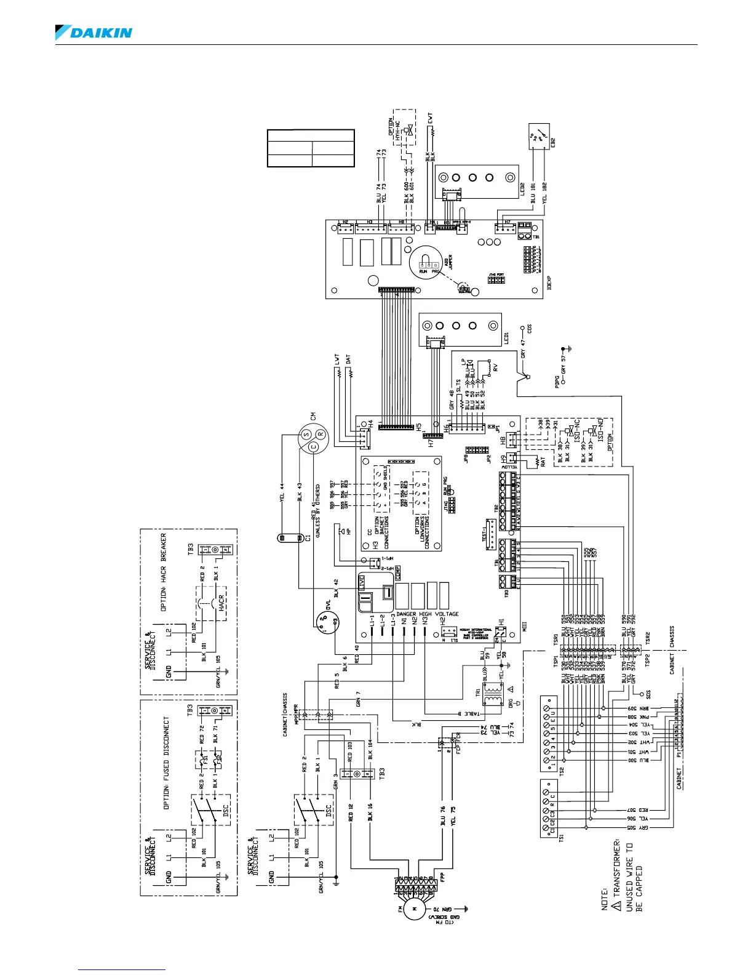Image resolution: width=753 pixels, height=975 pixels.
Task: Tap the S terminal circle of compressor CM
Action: coord(306,435)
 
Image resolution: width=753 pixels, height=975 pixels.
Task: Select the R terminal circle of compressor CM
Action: coord(321,439)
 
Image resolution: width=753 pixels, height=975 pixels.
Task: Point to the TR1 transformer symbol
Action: coord(492,694)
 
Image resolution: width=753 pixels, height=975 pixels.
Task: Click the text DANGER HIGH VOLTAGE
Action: coord(428,614)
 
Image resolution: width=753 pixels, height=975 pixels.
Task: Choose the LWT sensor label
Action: coord(337,358)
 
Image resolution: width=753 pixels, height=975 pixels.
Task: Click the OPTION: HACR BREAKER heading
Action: coord(164,572)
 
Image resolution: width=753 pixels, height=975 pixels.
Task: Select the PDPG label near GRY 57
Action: coord(557,382)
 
